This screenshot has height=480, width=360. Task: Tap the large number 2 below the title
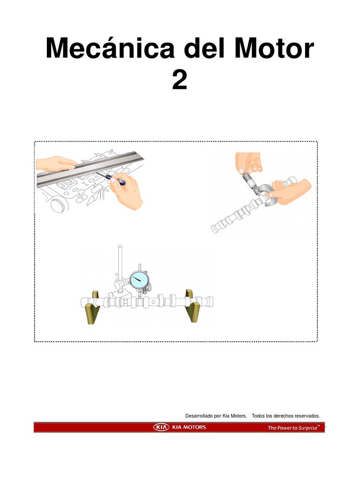[x=180, y=80]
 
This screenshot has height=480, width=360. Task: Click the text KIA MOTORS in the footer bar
[x=189, y=427]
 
